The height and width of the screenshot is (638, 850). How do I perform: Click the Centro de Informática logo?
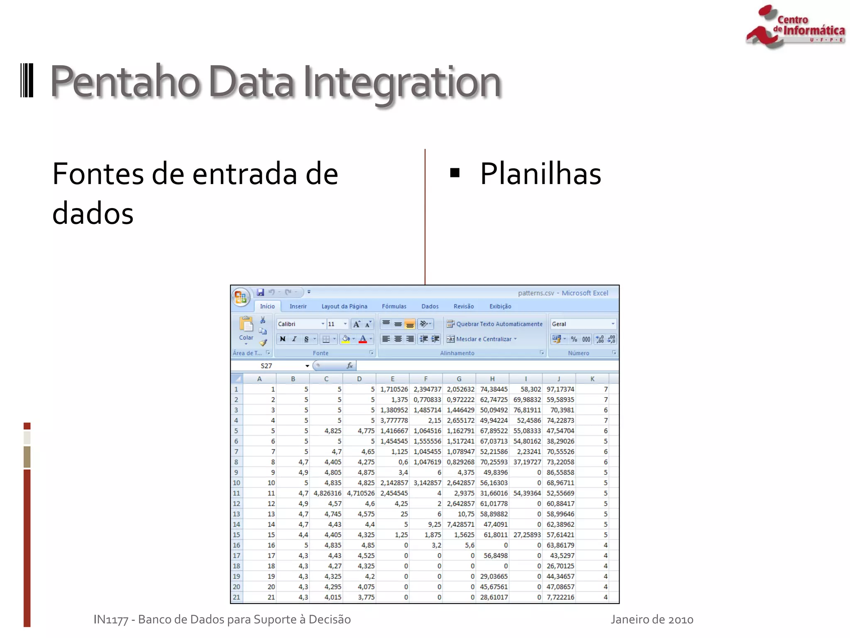tap(794, 27)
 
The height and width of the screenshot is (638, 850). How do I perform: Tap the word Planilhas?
tap(540, 174)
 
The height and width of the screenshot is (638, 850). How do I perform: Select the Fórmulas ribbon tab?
tap(394, 307)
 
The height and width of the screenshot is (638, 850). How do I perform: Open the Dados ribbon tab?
tap(430, 307)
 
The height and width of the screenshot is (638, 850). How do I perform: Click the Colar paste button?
tap(246, 329)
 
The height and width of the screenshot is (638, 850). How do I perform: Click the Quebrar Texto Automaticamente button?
tap(494, 324)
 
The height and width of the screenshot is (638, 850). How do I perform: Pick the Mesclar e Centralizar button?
tap(482, 339)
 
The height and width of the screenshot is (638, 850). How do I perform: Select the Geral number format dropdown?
tap(582, 324)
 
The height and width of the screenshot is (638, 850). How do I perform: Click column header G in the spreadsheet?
tap(459, 379)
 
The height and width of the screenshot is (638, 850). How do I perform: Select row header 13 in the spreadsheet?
tap(236, 514)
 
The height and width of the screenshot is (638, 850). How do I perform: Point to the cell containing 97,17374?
tap(560, 389)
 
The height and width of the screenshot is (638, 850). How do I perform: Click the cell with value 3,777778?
tap(393, 420)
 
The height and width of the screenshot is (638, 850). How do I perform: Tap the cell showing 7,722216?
tap(560, 597)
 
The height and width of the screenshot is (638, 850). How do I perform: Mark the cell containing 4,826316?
tap(327, 493)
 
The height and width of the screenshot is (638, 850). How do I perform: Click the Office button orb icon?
tap(241, 297)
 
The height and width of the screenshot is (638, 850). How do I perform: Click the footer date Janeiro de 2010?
tap(652, 620)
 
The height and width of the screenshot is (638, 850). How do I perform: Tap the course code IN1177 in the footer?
tap(111, 620)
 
